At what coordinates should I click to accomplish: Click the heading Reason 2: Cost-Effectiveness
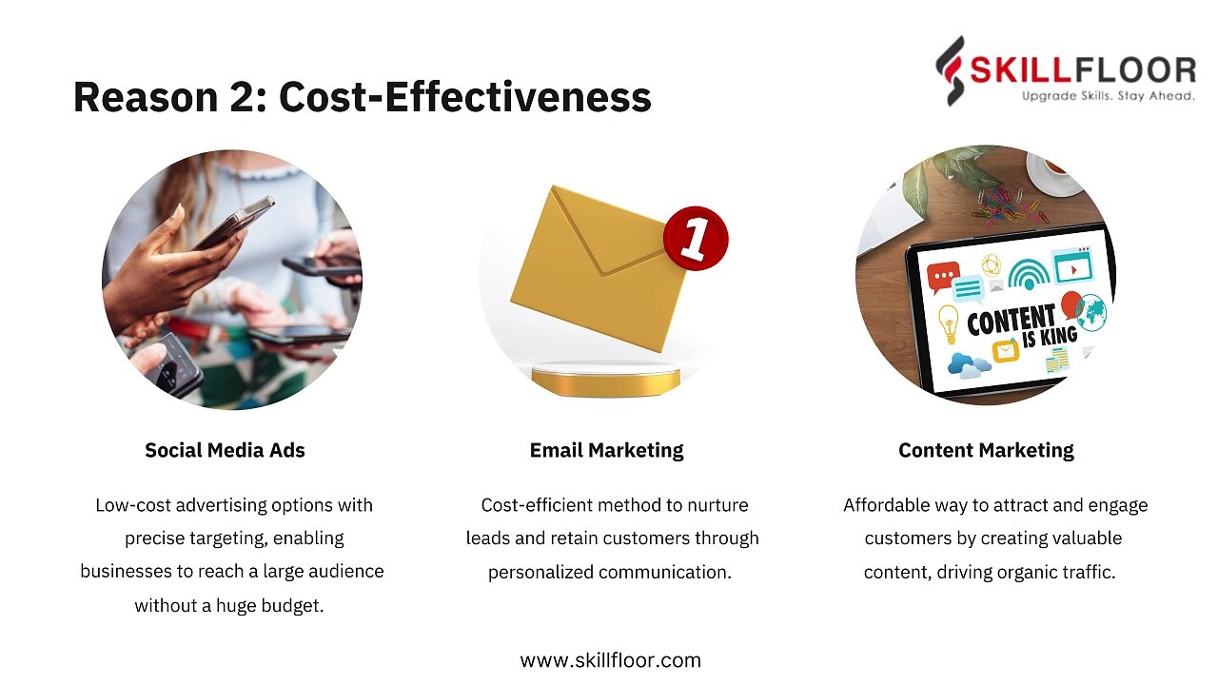(x=362, y=97)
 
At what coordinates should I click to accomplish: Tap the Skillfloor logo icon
(x=950, y=70)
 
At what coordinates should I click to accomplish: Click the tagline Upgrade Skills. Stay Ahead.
(x=1108, y=96)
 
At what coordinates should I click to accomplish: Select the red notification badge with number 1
(x=696, y=238)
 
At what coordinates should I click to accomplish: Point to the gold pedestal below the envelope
(x=605, y=380)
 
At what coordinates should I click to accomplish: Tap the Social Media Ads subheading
(x=225, y=450)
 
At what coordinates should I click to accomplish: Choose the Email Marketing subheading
(x=606, y=450)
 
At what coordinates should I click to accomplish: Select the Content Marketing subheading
(x=986, y=450)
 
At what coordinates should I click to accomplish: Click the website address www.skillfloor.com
(x=610, y=660)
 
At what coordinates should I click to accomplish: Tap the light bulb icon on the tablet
(x=949, y=322)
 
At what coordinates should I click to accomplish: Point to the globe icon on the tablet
(x=1093, y=313)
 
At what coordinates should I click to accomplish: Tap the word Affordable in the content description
(x=888, y=505)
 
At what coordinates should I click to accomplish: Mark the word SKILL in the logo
(x=1019, y=70)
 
